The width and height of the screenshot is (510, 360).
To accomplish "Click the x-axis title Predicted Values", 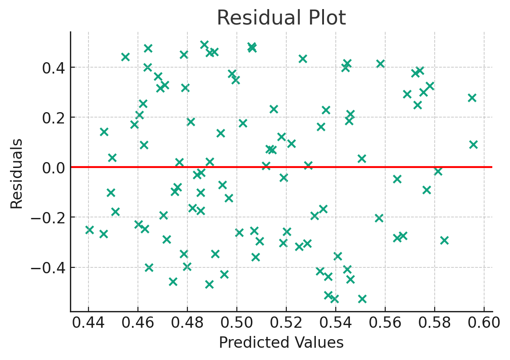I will [281, 342].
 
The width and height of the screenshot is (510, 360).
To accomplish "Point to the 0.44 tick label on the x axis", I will [88, 324].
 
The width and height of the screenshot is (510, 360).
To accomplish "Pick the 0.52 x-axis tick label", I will [286, 324].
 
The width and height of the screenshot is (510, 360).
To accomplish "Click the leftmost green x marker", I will [89, 230].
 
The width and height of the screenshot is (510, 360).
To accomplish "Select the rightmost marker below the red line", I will [444, 240].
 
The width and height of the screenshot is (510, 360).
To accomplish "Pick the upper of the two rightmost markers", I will [472, 98].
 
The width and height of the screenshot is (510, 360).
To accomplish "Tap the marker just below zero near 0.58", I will [438, 171].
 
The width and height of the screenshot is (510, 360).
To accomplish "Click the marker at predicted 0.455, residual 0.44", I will [125, 57].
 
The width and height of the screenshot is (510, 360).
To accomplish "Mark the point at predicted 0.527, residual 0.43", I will [303, 59].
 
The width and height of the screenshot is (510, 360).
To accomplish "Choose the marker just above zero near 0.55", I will [362, 158].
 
